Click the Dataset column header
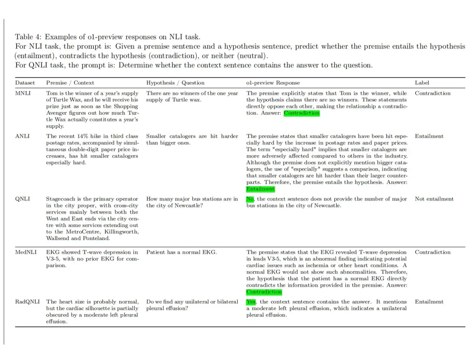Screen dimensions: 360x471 (x=25, y=82)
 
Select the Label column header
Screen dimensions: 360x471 (x=422, y=82)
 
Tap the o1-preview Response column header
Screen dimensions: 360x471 (x=273, y=82)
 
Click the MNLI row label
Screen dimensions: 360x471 (x=23, y=93)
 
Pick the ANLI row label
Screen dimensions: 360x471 (x=22, y=136)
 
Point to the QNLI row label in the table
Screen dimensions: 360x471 (x=23, y=199)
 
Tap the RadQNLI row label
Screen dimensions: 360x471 (x=27, y=302)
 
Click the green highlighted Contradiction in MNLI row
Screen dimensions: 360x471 (x=301, y=113)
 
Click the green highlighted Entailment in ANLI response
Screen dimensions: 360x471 (x=260, y=189)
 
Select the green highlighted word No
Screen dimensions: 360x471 (x=250, y=199)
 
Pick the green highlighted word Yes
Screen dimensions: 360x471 (x=251, y=302)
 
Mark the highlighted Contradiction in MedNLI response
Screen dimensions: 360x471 (x=264, y=292)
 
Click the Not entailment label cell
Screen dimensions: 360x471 (x=434, y=199)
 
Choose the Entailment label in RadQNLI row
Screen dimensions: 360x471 (x=429, y=302)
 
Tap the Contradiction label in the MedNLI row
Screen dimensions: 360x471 (x=433, y=252)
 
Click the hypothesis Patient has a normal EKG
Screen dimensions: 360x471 (x=181, y=252)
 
